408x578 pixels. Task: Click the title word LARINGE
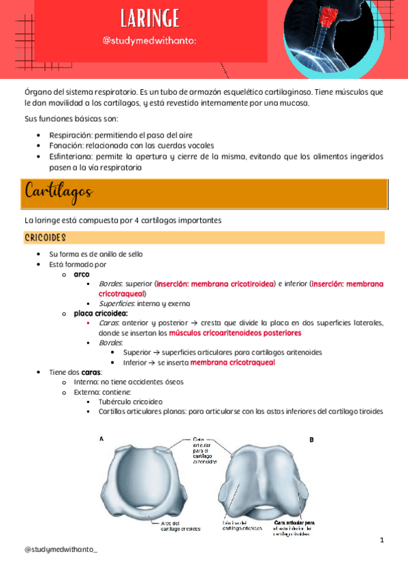[150, 18]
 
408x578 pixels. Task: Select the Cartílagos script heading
[59, 192]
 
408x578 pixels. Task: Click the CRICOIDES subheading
[45, 238]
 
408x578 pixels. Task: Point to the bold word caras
[91, 373]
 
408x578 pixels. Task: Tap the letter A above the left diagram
[101, 439]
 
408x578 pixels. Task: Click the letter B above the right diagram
[311, 440]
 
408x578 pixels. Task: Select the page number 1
[382, 541]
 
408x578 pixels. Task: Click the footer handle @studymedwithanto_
[61, 549]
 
